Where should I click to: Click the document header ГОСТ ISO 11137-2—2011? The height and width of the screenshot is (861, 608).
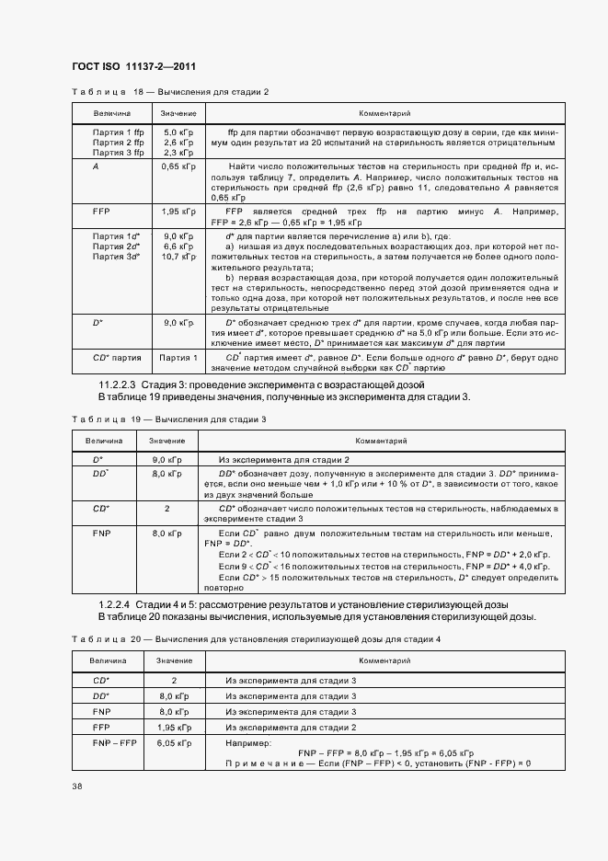tap(132, 66)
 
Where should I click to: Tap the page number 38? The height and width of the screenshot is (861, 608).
tap(76, 785)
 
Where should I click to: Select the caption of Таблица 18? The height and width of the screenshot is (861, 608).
tap(170, 92)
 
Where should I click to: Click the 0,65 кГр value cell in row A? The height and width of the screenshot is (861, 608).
tap(178, 166)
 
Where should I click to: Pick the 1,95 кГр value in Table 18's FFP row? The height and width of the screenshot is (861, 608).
tap(178, 211)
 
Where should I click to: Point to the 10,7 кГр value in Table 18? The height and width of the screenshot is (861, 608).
tap(178, 257)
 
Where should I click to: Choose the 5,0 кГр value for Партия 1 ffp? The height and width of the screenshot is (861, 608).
tap(178, 132)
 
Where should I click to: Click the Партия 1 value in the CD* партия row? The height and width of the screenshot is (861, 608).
tap(178, 358)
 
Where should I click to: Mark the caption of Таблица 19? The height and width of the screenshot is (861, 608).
tap(168, 419)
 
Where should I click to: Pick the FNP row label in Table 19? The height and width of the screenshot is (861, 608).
tap(101, 533)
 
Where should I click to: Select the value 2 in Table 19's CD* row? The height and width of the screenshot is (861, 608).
tap(166, 508)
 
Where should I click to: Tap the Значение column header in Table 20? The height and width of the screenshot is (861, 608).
tap(174, 660)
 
